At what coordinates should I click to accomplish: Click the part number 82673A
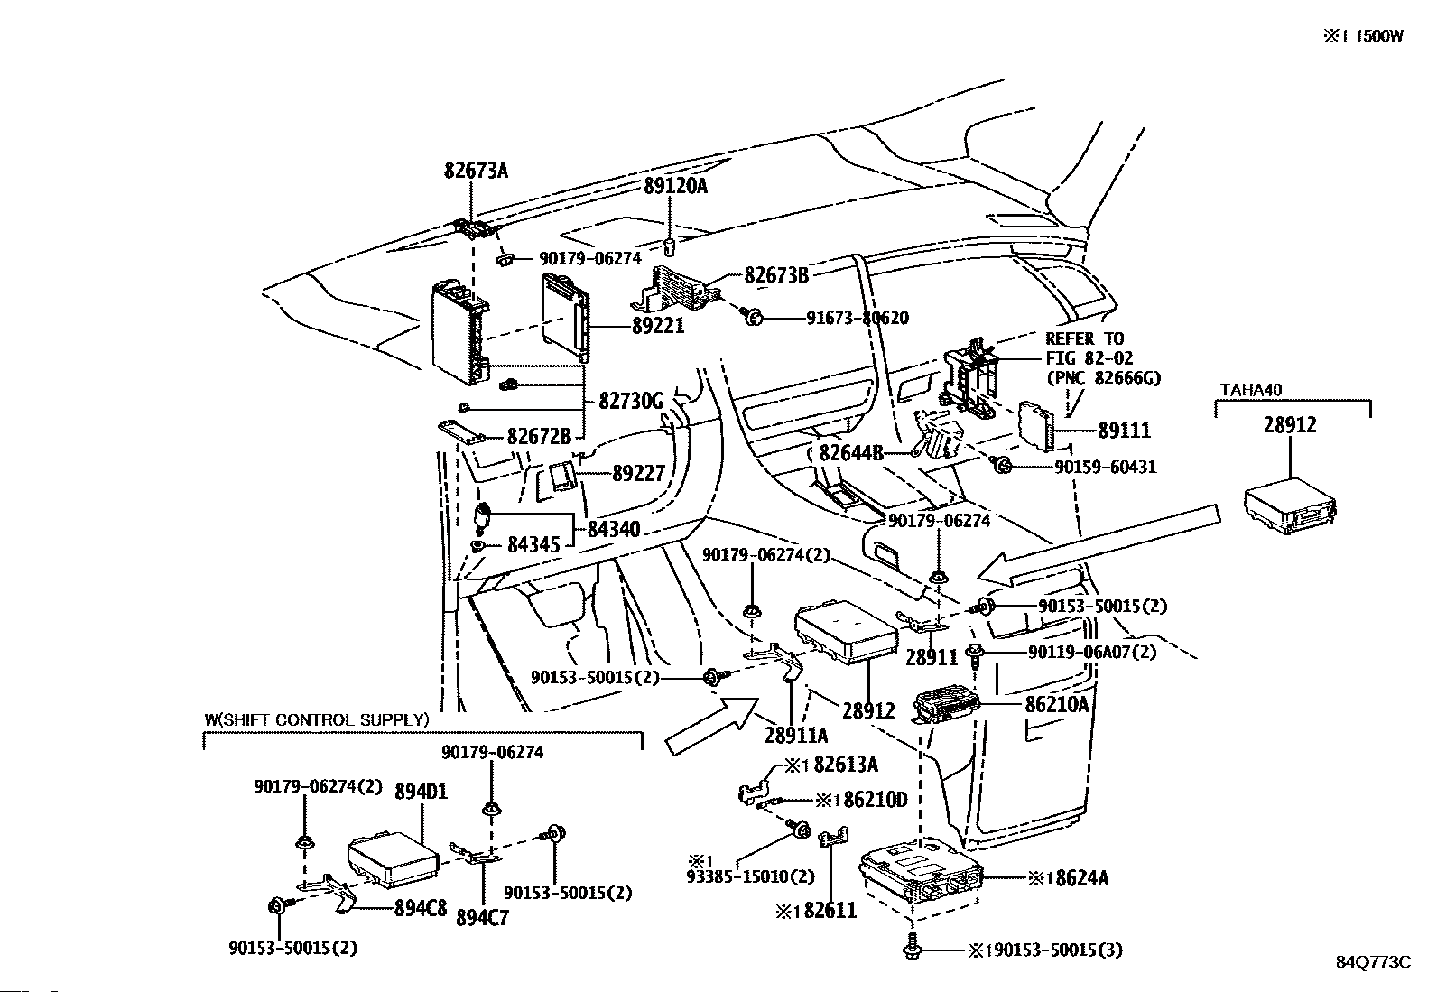click(x=476, y=170)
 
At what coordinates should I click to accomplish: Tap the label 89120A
click(x=675, y=186)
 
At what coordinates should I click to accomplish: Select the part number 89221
click(x=658, y=326)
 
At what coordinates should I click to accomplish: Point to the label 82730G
click(x=631, y=400)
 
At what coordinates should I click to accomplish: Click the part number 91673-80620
click(x=857, y=318)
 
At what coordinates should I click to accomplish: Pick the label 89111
click(x=1124, y=431)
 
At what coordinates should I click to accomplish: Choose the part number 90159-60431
click(x=1105, y=467)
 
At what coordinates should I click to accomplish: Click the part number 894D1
click(x=422, y=792)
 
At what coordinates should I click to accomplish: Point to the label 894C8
click(x=421, y=909)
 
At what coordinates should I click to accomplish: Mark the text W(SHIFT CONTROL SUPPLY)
click(x=316, y=719)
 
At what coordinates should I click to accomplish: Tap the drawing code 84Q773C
click(x=1373, y=962)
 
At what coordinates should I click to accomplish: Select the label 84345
click(x=533, y=544)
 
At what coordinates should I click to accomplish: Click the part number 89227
click(x=638, y=473)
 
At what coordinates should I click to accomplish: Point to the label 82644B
click(x=851, y=452)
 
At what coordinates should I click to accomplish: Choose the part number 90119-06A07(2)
click(x=1091, y=652)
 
